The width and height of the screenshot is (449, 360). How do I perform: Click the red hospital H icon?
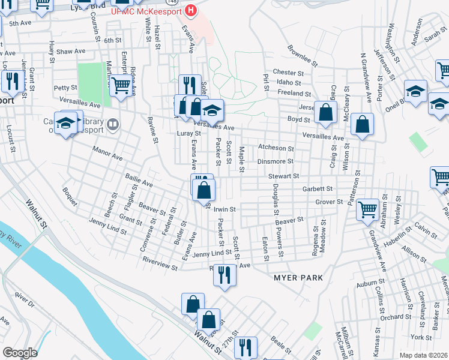pos(191,10)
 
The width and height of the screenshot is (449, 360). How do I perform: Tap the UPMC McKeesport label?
pos(148,11)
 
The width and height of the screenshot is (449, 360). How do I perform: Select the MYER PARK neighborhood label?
pos(298,278)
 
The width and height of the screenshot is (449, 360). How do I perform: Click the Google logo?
pos(20,353)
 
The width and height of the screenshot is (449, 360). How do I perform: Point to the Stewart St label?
pos(285,176)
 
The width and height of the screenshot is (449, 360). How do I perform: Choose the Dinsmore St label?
pos(275,161)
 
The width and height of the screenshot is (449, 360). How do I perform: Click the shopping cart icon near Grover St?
pos(367,209)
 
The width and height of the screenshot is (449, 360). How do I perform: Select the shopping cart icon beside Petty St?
pos(121,86)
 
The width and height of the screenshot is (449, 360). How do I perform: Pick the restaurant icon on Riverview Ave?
pos(225,274)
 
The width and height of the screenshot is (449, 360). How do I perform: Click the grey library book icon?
pos(114,125)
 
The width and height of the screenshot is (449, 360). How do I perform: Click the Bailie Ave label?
pos(139,178)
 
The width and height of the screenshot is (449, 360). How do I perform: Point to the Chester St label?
pos(289,72)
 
